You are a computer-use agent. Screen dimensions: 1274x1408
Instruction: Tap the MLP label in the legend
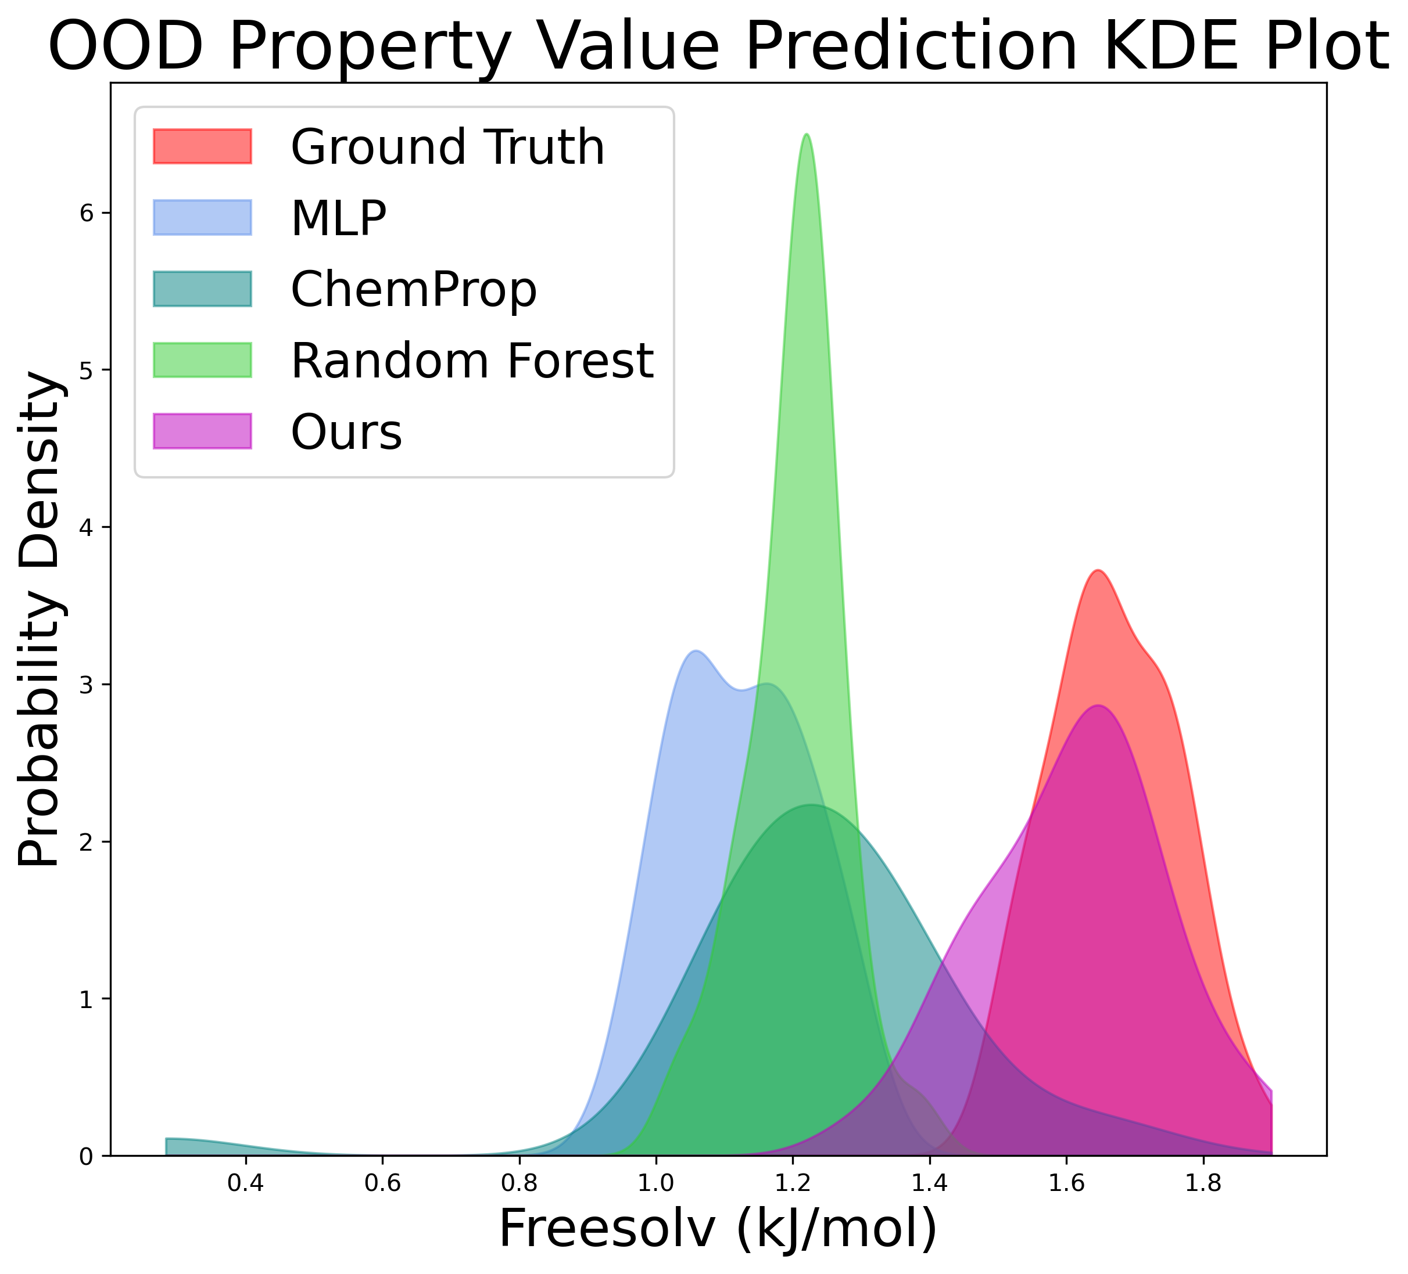[x=338, y=218]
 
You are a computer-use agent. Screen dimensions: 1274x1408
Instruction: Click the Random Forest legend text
[x=472, y=361]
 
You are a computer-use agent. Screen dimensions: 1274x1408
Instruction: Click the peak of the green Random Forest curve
[x=807, y=135]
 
